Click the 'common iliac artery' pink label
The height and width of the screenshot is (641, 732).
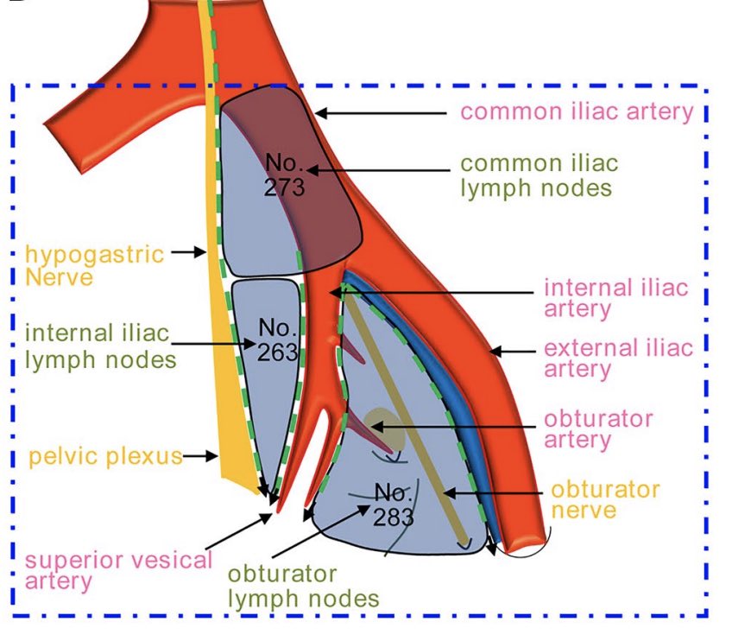[x=577, y=111]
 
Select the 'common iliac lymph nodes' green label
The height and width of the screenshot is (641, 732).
[x=539, y=175]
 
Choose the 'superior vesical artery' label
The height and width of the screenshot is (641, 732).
[x=118, y=569]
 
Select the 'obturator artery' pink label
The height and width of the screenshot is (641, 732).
[x=597, y=429]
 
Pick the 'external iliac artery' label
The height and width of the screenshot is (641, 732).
[x=617, y=359]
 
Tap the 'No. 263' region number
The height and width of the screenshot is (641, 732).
[x=278, y=340]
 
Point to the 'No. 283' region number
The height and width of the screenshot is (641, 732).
[x=394, y=505]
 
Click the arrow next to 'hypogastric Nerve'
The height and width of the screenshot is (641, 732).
[x=187, y=253]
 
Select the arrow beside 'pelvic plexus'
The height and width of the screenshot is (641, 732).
[x=199, y=455]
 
